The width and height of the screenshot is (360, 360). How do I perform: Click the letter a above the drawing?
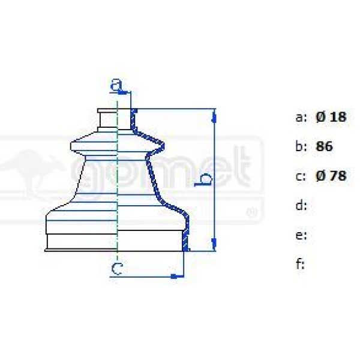pyautogui.click(x=116, y=85)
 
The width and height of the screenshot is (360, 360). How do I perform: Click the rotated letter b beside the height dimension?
pyautogui.click(x=205, y=179)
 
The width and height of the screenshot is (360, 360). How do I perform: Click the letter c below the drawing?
pyautogui.click(x=117, y=269)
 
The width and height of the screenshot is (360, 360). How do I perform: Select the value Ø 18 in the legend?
pyautogui.click(x=331, y=117)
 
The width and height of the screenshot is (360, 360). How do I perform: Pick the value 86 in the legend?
pyautogui.click(x=324, y=146)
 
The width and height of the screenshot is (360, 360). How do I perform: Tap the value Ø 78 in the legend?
pyautogui.click(x=331, y=176)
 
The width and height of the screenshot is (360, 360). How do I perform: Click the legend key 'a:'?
pyautogui.click(x=301, y=117)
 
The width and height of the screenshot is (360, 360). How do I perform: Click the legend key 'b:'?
pyautogui.click(x=301, y=146)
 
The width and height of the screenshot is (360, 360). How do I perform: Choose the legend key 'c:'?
pyautogui.click(x=301, y=176)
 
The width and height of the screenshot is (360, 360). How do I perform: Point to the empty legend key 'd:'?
pyautogui.click(x=301, y=206)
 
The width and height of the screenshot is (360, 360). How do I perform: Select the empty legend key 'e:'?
pyautogui.click(x=301, y=235)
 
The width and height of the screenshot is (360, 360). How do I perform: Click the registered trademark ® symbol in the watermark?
pyautogui.click(x=252, y=212)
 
